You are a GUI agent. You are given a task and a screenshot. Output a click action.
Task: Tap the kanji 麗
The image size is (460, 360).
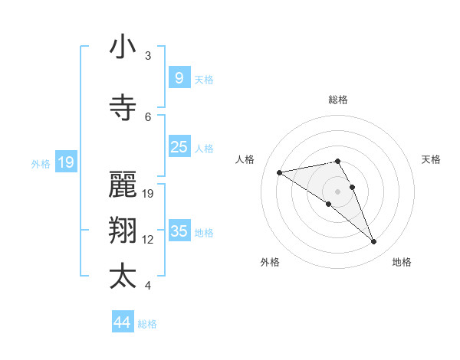point(123,184)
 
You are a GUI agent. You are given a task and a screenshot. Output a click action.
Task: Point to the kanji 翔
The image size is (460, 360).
point(123,230)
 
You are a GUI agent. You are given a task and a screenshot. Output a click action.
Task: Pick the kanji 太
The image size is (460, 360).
point(123,276)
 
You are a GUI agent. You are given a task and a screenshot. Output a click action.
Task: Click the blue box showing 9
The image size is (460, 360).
point(179,78)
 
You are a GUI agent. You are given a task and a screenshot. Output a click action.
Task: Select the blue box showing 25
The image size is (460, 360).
point(179,147)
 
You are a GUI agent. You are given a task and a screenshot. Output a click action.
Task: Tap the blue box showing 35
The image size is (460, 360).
point(179,231)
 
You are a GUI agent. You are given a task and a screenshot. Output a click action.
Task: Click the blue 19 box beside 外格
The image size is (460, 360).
point(65,162)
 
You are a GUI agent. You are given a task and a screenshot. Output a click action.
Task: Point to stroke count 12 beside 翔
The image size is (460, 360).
point(148,240)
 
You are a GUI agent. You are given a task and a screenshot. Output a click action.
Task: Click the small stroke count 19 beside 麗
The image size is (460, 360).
point(148,194)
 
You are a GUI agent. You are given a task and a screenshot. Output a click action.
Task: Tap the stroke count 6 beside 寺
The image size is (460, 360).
point(148,116)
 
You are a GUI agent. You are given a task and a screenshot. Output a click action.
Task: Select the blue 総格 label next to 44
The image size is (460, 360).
point(147,324)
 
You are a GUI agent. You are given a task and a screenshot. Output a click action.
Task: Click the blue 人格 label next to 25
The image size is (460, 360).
point(204,149)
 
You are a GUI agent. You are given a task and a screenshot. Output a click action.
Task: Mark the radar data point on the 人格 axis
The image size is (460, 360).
point(279,172)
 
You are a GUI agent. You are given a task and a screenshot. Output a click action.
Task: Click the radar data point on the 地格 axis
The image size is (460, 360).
point(374,242)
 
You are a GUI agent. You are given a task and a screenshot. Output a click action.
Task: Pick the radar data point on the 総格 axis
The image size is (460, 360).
point(337,161)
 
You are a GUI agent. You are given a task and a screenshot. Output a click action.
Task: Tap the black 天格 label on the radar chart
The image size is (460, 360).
point(431,159)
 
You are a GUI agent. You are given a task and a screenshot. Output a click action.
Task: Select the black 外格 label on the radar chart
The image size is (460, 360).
point(270,262)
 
